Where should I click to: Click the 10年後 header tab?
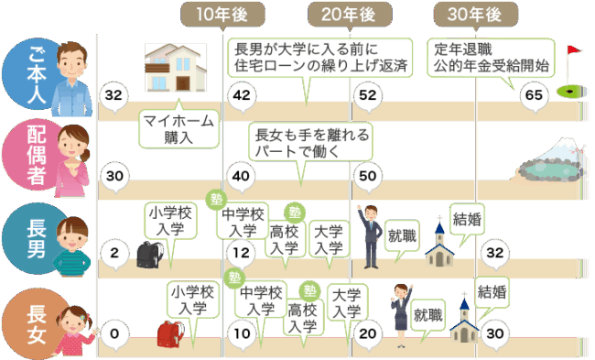[x=222, y=15]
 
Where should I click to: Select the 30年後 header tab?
[x=476, y=15]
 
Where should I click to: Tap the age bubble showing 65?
[x=534, y=95]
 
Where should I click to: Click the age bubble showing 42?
[x=242, y=95]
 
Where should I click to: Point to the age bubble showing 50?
[x=368, y=177]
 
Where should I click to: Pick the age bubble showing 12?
[x=242, y=254]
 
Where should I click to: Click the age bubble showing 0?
[x=114, y=334]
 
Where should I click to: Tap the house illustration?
[x=176, y=68]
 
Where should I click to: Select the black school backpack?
[x=150, y=255]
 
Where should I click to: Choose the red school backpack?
[x=170, y=333]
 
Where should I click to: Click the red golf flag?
[x=573, y=50]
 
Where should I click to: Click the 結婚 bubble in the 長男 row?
[x=467, y=224]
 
